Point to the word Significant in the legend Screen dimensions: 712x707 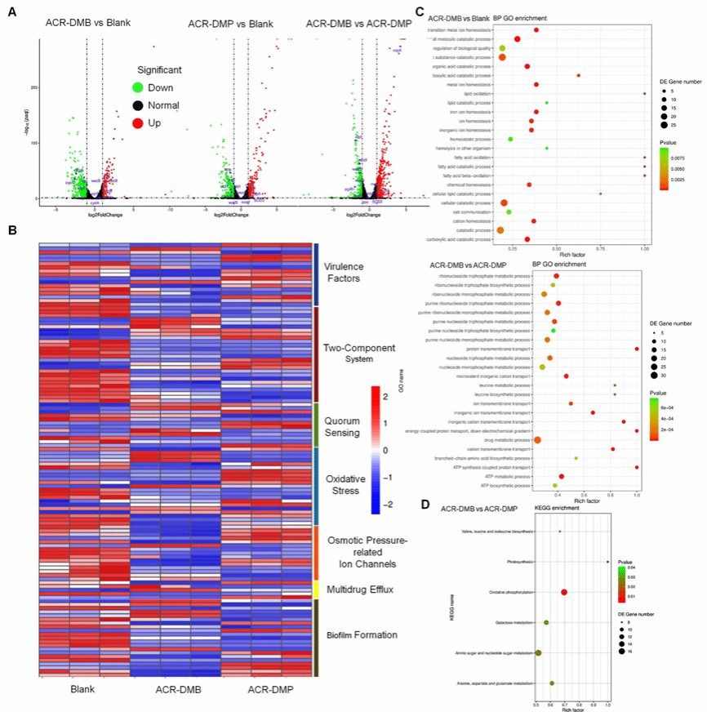[x=159, y=69]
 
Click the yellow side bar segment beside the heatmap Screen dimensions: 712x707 [x=316, y=590]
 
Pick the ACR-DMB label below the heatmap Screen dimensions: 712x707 [x=177, y=691]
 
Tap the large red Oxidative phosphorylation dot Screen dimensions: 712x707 [x=564, y=592]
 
